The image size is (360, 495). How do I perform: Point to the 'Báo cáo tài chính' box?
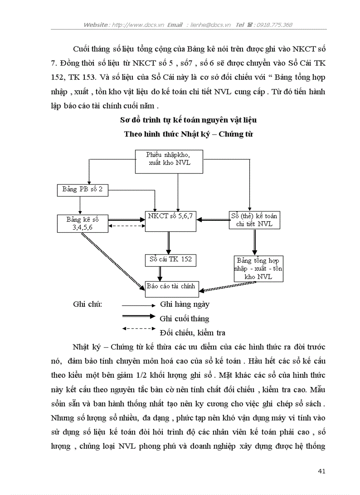click(x=171, y=287)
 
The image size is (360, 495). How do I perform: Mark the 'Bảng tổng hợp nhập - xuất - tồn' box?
click(x=259, y=268)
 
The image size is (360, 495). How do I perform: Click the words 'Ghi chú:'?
click(x=87, y=304)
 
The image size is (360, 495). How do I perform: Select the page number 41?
click(x=321, y=471)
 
